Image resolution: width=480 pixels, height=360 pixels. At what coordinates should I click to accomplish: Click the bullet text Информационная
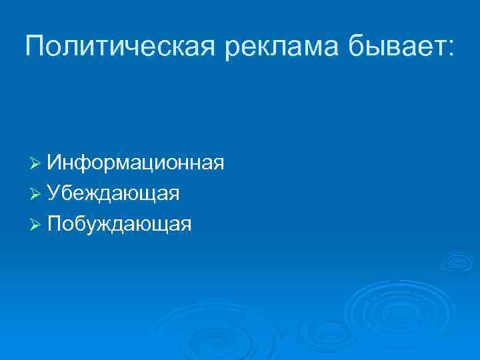135,163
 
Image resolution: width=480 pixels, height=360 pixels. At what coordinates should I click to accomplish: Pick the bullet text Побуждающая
119,224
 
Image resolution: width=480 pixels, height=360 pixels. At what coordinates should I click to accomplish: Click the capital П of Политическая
35,46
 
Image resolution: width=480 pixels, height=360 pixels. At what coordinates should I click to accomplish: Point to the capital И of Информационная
54,163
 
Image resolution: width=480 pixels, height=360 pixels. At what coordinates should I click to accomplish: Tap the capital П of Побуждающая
54,224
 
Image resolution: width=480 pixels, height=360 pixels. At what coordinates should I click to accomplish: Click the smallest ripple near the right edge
457,262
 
